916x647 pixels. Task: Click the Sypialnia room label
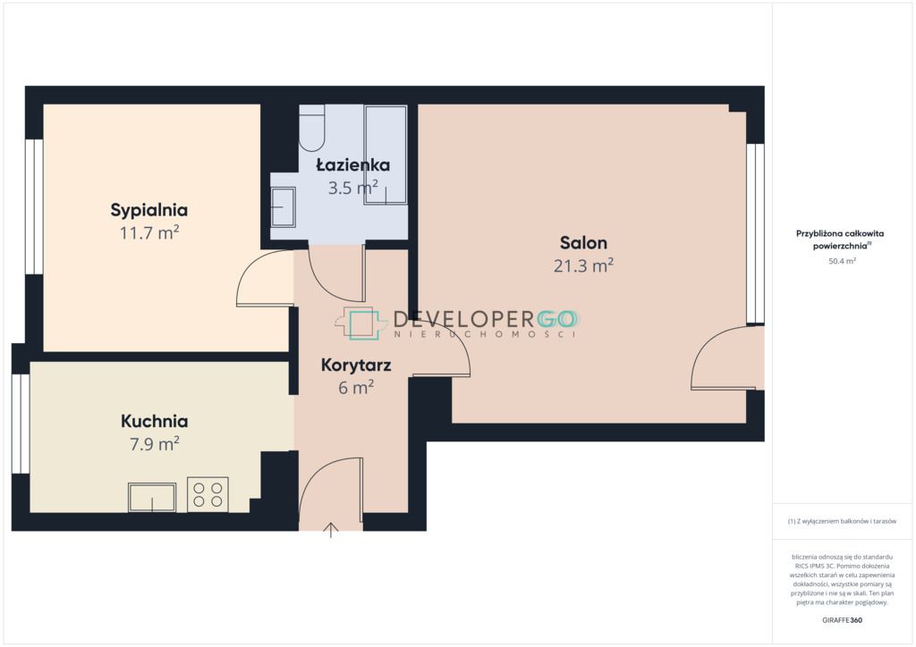point(149,211)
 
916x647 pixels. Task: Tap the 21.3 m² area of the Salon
point(583,266)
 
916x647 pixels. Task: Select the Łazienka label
point(352,164)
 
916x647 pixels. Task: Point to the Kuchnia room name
point(154,421)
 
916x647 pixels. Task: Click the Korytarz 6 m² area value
point(356,387)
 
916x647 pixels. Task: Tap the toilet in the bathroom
point(312,129)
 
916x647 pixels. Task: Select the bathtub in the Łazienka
point(386,155)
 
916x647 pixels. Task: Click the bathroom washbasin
point(283,206)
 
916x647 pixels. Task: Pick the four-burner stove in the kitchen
point(208,494)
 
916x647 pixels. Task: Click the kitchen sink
point(152,497)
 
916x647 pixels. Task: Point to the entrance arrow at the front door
point(331,530)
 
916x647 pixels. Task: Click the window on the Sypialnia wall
point(34,206)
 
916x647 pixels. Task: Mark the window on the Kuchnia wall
point(21,424)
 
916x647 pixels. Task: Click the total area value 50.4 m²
point(842,261)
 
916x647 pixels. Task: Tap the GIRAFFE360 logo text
point(842,620)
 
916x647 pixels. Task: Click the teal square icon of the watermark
point(364,325)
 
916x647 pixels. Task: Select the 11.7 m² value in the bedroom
point(149,233)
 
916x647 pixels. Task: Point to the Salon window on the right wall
point(755,233)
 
